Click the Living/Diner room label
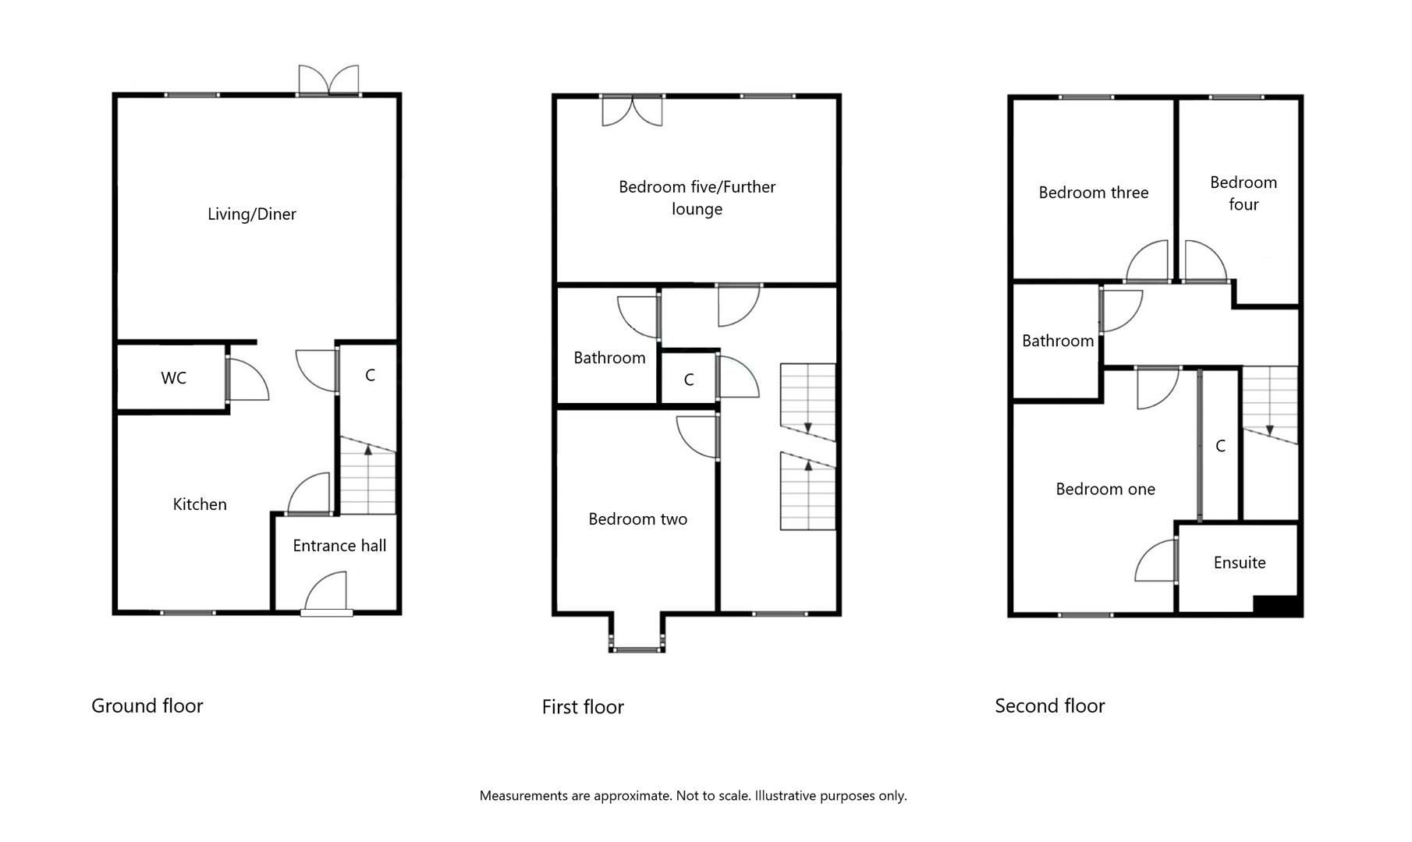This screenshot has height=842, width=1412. click(x=251, y=214)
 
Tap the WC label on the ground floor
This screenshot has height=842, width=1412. click(x=173, y=378)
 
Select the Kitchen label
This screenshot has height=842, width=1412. click(x=200, y=504)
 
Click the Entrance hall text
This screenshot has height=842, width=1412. click(x=339, y=546)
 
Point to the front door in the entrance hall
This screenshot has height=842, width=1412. click(x=326, y=594)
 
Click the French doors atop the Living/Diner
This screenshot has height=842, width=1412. click(x=328, y=80)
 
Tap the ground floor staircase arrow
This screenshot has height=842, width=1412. click(x=368, y=451)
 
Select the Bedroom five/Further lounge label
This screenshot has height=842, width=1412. click(x=697, y=198)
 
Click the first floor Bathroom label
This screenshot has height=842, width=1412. click(x=609, y=358)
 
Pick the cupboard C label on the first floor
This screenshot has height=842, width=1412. click(x=688, y=380)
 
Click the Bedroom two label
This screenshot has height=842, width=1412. click(x=637, y=519)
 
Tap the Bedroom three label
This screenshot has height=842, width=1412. click(x=1093, y=193)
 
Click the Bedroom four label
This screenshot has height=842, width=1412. click(x=1243, y=193)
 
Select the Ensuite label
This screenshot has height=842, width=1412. click(x=1239, y=563)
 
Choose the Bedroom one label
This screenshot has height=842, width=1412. click(x=1105, y=490)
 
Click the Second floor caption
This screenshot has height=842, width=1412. click(x=1049, y=706)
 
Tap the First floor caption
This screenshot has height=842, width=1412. click(x=583, y=707)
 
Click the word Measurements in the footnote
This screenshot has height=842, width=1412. click(x=523, y=796)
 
